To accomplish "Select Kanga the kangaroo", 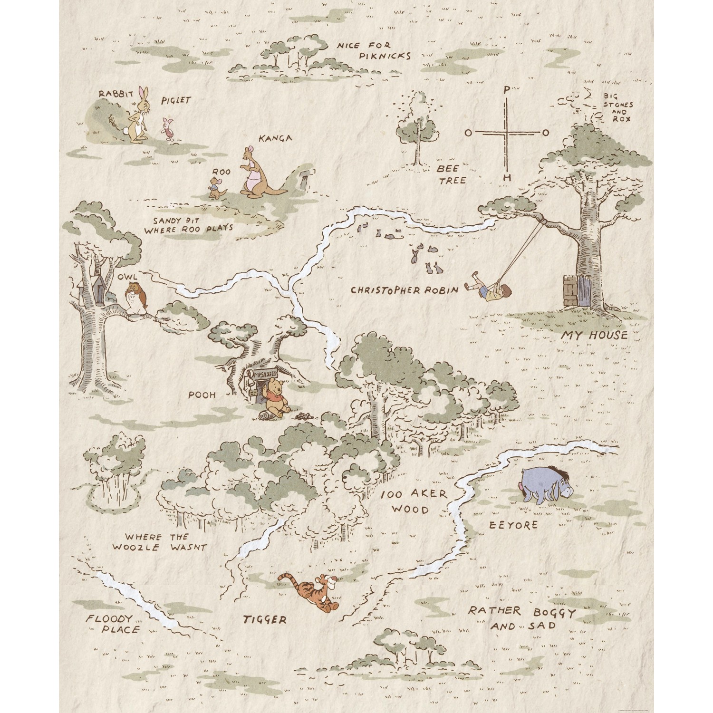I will tap(256, 173).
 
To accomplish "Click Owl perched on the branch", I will tap(137, 297).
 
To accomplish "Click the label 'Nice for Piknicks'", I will tap(372, 50).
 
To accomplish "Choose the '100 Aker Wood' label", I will tap(413, 501).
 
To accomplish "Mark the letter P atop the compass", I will tap(507, 89).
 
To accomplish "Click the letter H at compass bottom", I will tap(507, 178).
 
